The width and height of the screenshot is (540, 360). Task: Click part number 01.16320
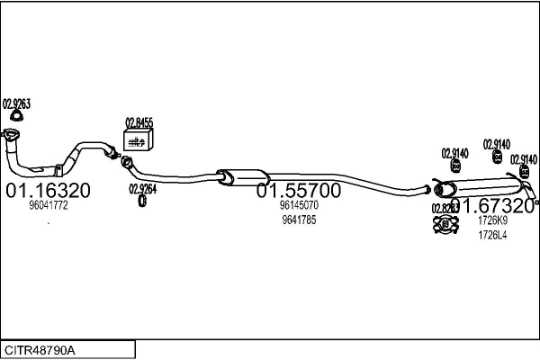48,191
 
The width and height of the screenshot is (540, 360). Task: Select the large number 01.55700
299,191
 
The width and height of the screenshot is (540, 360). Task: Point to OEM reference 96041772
49,206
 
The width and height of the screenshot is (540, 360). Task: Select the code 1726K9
492,220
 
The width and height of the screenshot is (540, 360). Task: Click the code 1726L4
492,235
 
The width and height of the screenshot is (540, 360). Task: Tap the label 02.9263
16,104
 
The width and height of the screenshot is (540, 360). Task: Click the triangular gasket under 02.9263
16,116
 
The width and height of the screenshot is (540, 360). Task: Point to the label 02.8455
139,122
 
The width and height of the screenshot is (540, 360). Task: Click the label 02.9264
142,188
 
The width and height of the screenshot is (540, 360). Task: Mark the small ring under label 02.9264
142,200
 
